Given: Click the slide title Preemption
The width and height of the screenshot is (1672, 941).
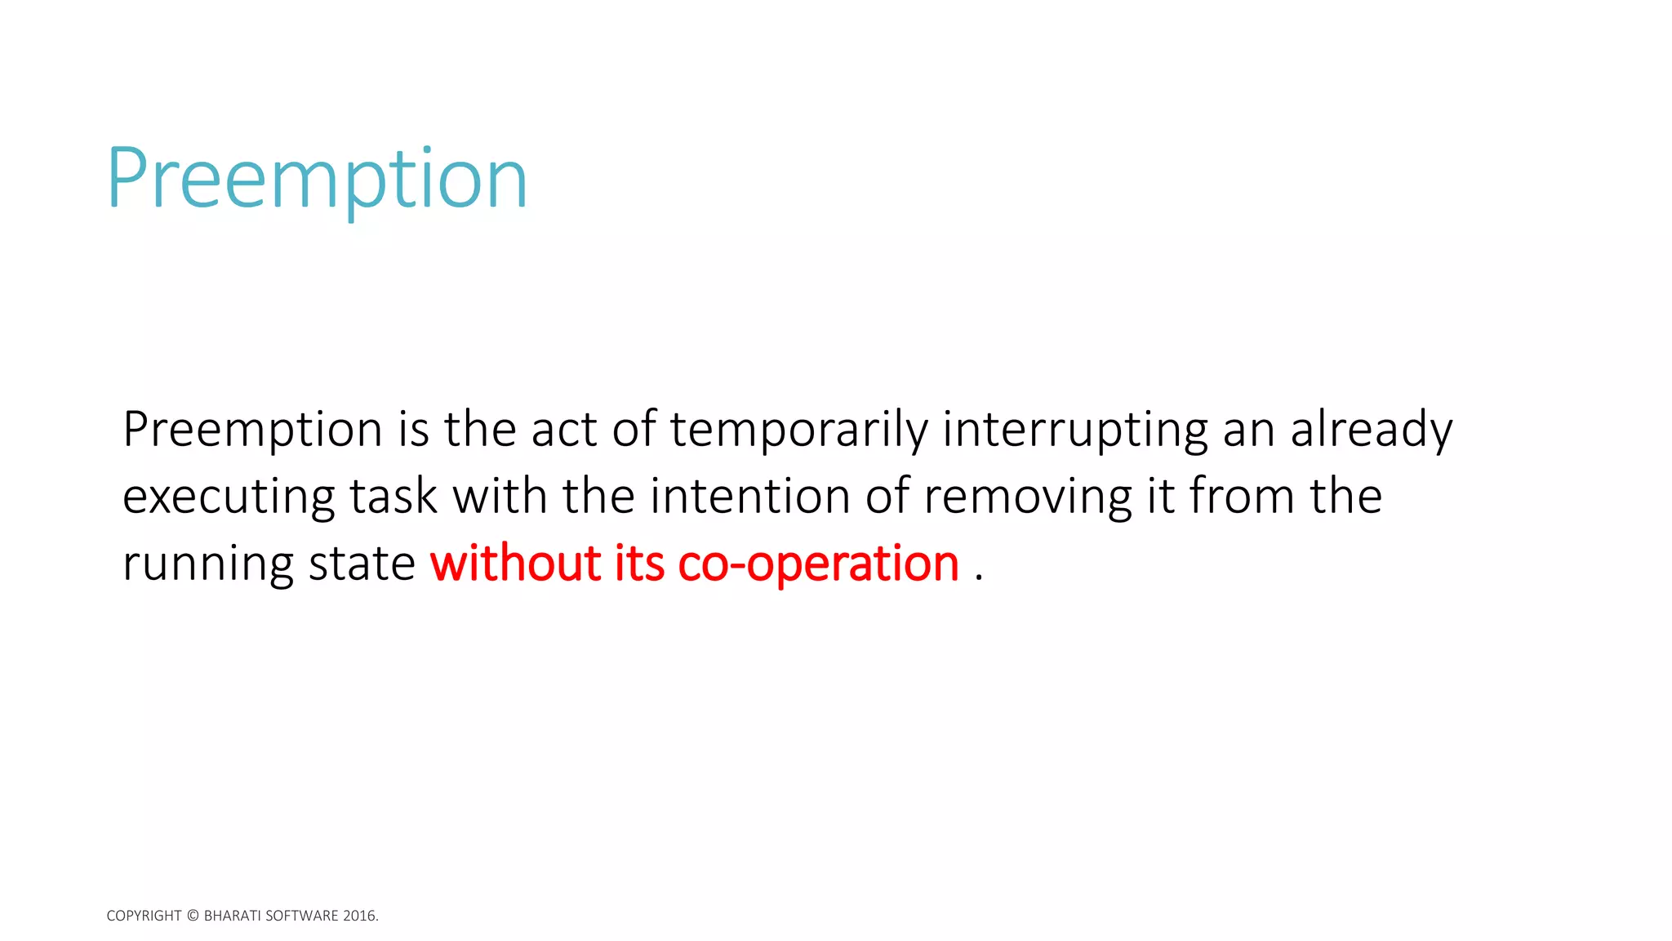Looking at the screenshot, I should (317, 179).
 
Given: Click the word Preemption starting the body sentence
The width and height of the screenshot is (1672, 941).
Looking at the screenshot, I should (252, 430).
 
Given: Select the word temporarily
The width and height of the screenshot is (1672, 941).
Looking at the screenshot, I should (799, 430).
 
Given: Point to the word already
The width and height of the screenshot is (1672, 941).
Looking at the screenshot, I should (1372, 430).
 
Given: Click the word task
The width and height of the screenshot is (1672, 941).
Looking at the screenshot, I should (394, 497).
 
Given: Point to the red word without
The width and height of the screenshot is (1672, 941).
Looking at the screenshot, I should (516, 564).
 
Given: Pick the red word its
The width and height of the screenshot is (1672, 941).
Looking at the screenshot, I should (639, 564).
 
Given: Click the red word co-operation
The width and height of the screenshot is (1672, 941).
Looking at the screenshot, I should (818, 564).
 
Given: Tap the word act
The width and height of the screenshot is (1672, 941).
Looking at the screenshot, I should (564, 430).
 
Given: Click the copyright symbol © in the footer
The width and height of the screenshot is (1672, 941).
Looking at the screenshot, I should (193, 916).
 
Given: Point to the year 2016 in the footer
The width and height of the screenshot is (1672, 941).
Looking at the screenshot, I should (359, 916).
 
